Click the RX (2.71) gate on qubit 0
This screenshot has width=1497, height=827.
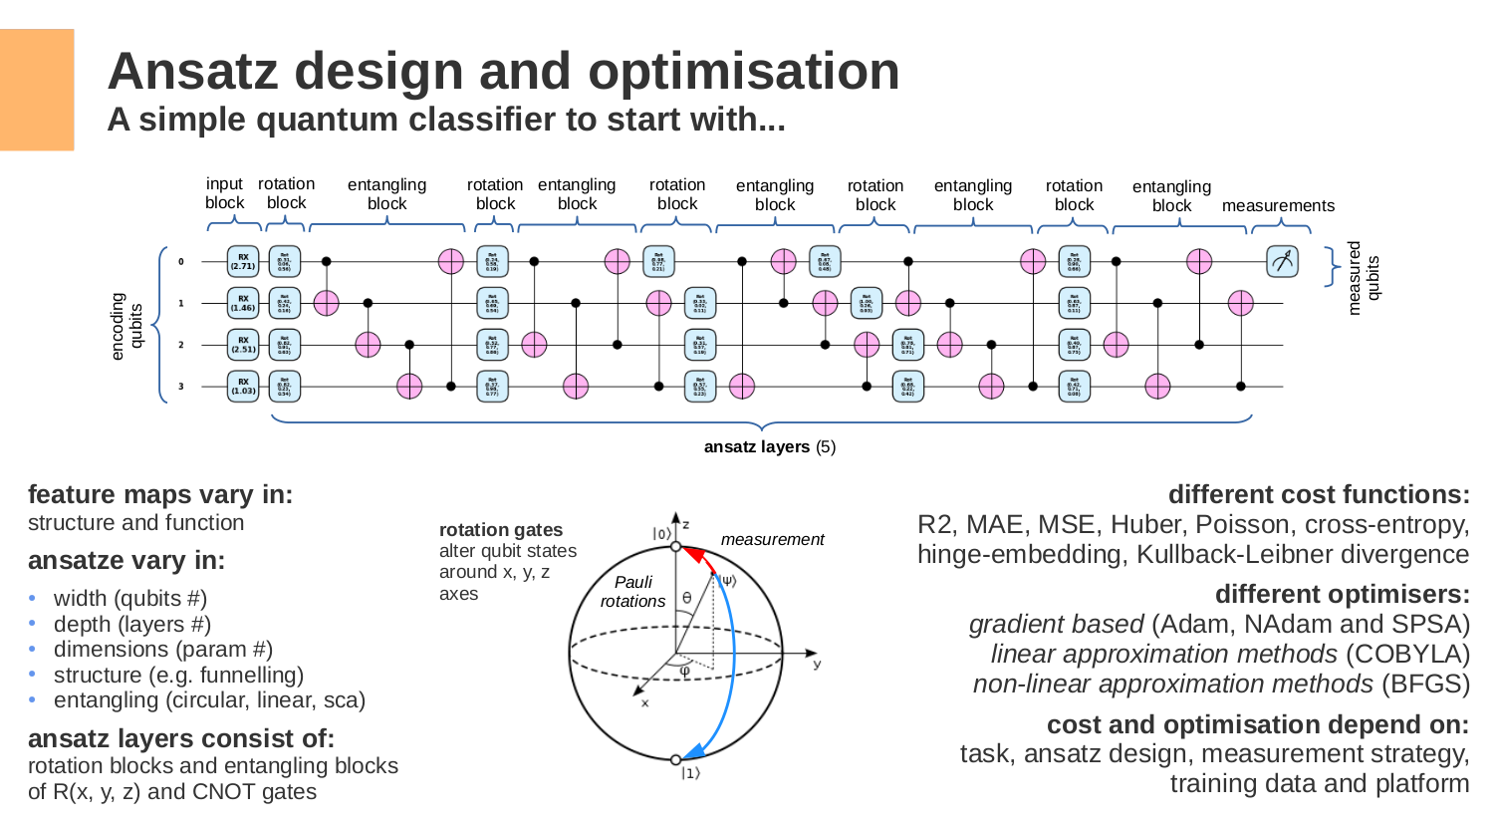pyautogui.click(x=243, y=261)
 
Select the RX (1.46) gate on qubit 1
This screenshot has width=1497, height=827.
pyautogui.click(x=243, y=303)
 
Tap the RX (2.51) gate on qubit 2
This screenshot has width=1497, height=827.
pyautogui.click(x=243, y=345)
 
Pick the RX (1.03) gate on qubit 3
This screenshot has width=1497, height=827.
pyautogui.click(x=243, y=386)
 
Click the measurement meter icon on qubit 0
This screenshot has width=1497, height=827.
pyautogui.click(x=1282, y=261)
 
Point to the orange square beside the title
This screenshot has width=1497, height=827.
pyautogui.click(x=37, y=90)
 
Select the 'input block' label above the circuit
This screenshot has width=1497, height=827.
pyautogui.click(x=224, y=193)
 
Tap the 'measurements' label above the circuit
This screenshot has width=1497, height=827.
pyautogui.click(x=1278, y=205)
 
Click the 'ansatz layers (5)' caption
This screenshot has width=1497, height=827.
pyautogui.click(x=769, y=446)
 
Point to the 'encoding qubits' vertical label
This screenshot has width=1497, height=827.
pyautogui.click(x=126, y=326)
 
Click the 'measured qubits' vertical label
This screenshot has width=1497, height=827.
pyautogui.click(x=1363, y=278)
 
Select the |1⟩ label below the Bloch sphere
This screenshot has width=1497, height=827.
pyautogui.click(x=690, y=773)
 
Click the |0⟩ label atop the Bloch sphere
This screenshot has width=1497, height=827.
pyautogui.click(x=661, y=533)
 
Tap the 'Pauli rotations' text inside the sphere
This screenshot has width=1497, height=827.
pyautogui.click(x=632, y=591)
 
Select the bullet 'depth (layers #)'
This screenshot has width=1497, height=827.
pyautogui.click(x=131, y=624)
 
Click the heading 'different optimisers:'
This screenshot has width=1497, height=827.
pyautogui.click(x=1342, y=594)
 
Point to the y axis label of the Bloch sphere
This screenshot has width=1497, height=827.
pyautogui.click(x=817, y=664)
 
